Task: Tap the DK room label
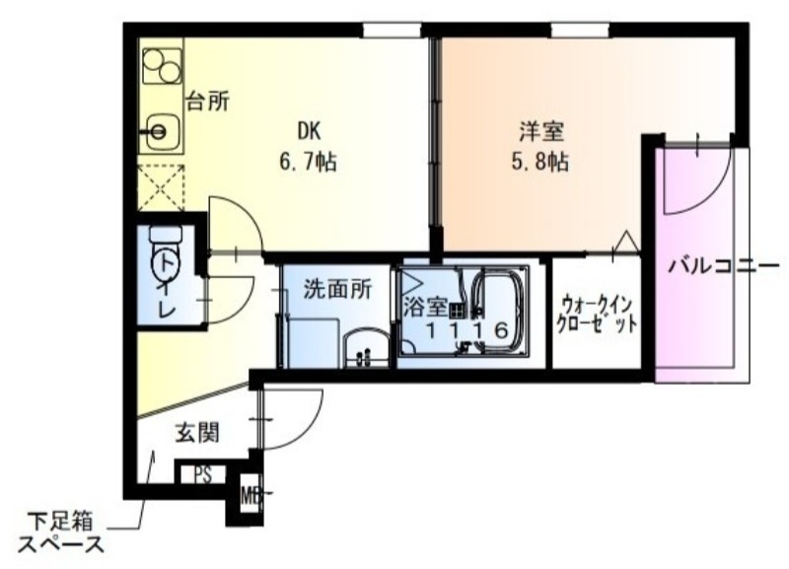pyautogui.click(x=309, y=130)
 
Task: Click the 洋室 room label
pyautogui.click(x=541, y=130)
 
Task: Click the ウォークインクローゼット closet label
pyautogui.click(x=597, y=314)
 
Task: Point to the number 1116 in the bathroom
pyautogui.click(x=467, y=331)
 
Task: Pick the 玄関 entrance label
pyautogui.click(x=197, y=431)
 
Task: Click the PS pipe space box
pyautogui.click(x=202, y=475)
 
